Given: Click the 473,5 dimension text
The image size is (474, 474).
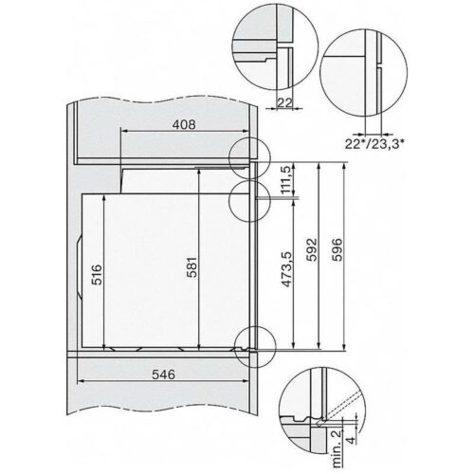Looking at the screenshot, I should coord(285,272).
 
